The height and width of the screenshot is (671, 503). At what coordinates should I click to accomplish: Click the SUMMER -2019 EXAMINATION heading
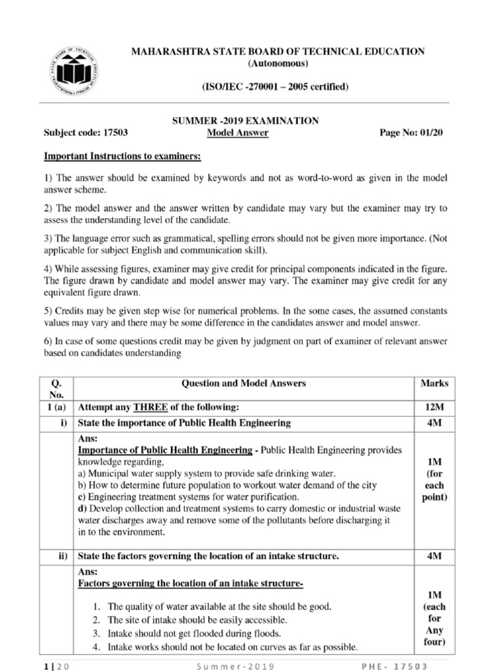coord(245,121)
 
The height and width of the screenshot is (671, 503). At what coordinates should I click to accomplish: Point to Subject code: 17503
coord(85,133)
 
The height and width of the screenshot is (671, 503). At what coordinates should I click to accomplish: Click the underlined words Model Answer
coord(237,133)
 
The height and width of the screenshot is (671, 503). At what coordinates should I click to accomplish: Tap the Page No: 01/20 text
coord(411,133)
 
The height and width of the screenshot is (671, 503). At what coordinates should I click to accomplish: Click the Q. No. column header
coord(58,389)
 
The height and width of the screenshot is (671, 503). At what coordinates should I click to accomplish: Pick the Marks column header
coord(434,383)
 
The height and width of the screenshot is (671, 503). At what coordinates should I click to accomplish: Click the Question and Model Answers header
coord(244,383)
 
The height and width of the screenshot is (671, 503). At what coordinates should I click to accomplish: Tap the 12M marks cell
coord(434,408)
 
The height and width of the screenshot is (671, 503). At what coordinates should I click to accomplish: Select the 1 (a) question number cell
coord(58,408)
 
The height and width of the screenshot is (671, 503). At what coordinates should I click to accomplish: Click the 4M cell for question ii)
coord(434,556)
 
